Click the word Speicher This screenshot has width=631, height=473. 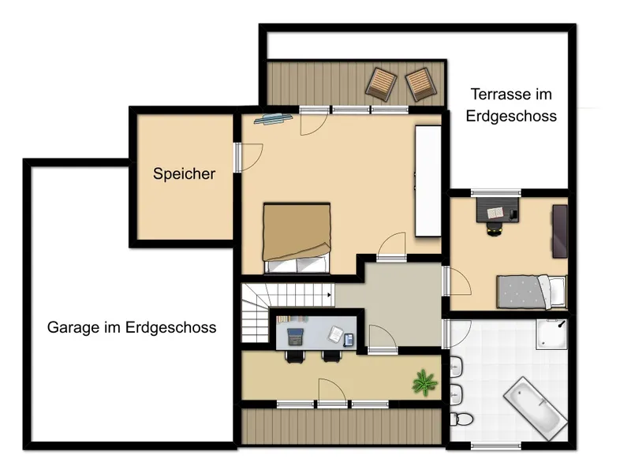coord(184,173)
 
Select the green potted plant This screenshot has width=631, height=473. coord(424,382)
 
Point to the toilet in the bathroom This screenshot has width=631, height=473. coord(461,419)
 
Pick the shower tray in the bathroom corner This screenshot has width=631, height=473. coord(551,334)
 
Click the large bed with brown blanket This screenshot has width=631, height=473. coord(297,239)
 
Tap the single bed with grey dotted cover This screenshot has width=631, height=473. coord(531,292)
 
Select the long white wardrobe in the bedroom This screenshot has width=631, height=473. coord(428,181)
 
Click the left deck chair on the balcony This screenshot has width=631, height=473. coord(381,83)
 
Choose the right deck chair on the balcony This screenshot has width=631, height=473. coord(421,84)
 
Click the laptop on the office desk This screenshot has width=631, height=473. coord(295,337)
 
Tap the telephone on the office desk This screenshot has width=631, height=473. coord(348,340)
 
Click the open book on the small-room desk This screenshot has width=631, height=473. coord(495,212)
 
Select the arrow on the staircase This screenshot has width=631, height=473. coord(329,295)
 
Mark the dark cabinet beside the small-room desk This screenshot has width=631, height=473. coord(560,231)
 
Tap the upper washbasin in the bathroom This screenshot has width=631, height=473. coord(456,367)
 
